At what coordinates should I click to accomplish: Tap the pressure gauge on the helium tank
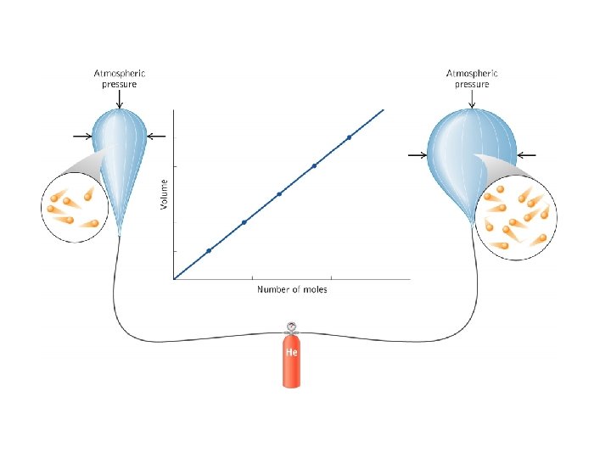pos(291,325)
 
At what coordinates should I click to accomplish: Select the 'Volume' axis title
pos(165,192)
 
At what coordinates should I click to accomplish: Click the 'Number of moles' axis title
pos(292,290)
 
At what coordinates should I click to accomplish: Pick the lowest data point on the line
pos(209,250)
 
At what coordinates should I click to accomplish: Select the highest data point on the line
pos(349,137)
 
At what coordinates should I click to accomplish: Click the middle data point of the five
pos(279,193)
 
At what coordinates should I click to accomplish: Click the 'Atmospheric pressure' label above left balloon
pos(116,79)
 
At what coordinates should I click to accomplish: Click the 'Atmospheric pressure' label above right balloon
pos(472,79)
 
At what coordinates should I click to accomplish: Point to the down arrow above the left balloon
pos(118,100)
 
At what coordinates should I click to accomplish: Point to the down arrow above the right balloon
pos(472,100)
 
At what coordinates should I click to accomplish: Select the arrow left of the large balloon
pos(417,155)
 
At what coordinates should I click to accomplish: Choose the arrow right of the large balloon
pos(526,155)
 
